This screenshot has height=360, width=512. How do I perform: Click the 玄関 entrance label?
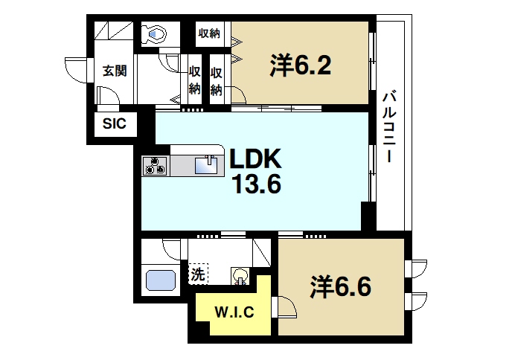coord(114,71)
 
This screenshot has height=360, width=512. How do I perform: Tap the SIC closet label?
coord(114,123)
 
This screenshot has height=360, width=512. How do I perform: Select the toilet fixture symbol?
coord(156,33)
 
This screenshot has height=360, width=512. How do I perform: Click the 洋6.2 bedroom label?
coord(300,66)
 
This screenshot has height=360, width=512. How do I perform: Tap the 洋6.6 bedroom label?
coord(340,286)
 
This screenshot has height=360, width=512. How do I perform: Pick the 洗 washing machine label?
coord(197,274)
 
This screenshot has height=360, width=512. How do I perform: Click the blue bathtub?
coord(161,280)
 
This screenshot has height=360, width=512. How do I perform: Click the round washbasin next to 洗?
coord(242,277)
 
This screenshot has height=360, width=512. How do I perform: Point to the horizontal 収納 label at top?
coord(209,33)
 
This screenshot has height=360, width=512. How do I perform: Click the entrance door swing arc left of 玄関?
coord(75,68)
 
